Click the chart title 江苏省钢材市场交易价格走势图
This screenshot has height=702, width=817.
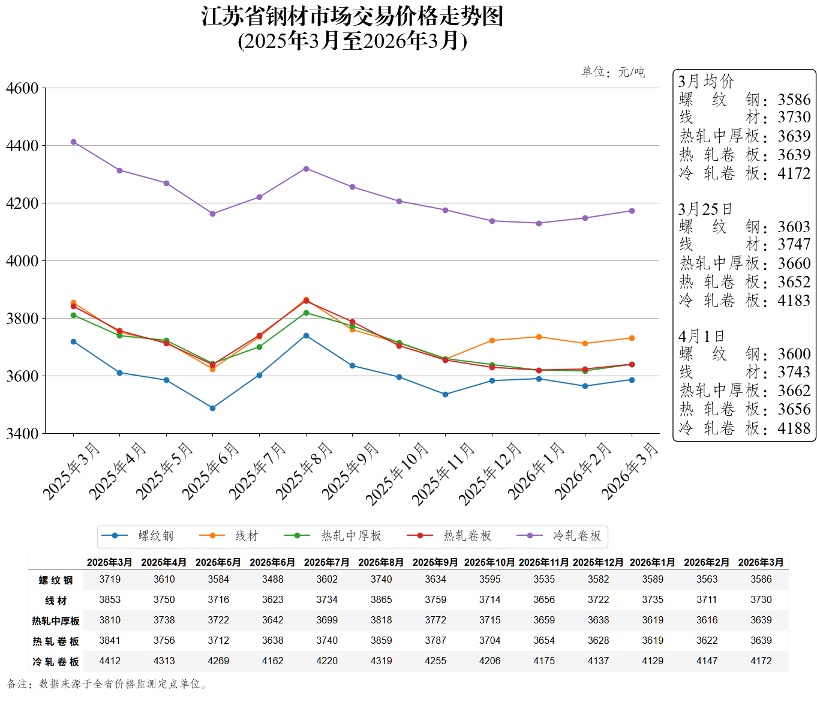(x=352, y=16)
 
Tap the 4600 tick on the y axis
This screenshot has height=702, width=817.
(x=22, y=88)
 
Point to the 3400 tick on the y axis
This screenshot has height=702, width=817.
(x=22, y=433)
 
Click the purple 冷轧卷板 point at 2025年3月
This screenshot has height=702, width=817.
(x=73, y=142)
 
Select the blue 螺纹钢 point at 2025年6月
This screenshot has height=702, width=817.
(x=212, y=408)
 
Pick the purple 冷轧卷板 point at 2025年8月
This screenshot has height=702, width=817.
(x=306, y=169)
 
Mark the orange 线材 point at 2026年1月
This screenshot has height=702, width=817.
(x=539, y=337)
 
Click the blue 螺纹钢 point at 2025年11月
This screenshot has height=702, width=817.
(x=445, y=394)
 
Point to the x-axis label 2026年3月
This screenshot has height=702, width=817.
(x=630, y=471)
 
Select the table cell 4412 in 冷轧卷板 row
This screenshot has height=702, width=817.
(x=110, y=661)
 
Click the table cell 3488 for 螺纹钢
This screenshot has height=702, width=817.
(x=272, y=579)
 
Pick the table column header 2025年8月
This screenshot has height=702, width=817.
(x=381, y=562)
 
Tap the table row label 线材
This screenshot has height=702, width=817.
(x=56, y=601)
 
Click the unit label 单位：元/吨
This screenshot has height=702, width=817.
(x=613, y=72)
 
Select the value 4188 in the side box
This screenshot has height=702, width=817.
(x=794, y=428)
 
